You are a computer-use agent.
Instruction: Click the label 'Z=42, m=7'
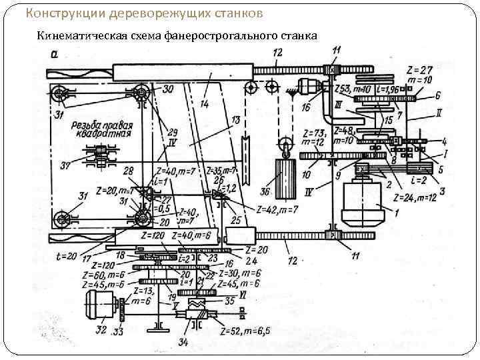pyautogui.click(x=275, y=210)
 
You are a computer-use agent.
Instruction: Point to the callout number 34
pyautogui.click(x=183, y=343)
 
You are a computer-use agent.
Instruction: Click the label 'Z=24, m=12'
pyautogui.click(x=419, y=197)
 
